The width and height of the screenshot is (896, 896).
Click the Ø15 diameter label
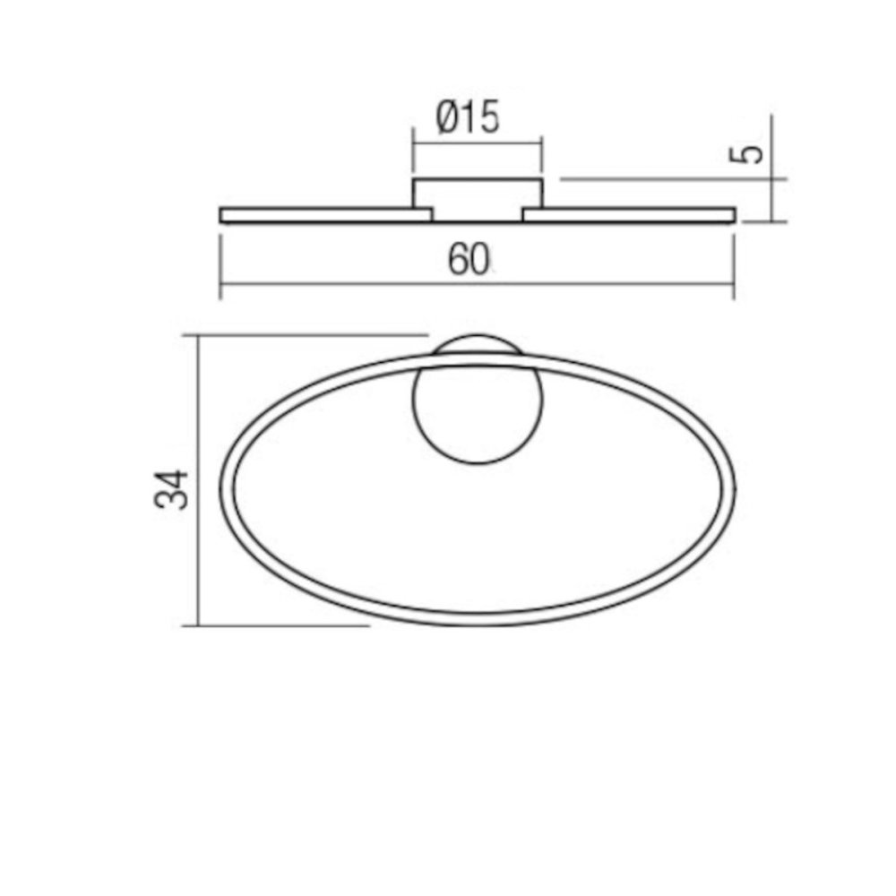coord(468,117)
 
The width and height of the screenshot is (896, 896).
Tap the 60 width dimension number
coord(468,260)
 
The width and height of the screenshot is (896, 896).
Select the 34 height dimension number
coord(171,489)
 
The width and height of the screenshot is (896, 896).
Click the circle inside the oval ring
coord(478,413)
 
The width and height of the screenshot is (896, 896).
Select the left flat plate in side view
coord(326,215)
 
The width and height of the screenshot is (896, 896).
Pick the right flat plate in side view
coord(629,215)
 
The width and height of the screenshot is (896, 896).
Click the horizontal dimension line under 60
coord(478,283)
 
